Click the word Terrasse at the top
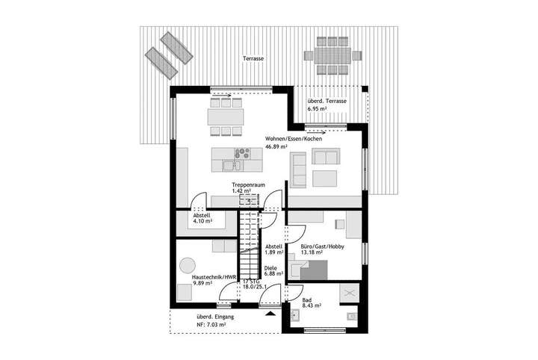[253, 58]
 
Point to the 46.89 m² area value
[278, 148]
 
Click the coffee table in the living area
[325, 179]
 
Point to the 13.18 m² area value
[312, 254]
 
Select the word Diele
[272, 267]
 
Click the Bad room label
[306, 298]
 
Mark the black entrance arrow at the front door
[270, 314]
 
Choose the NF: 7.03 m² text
[201, 325]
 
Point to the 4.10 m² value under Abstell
[202, 222]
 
